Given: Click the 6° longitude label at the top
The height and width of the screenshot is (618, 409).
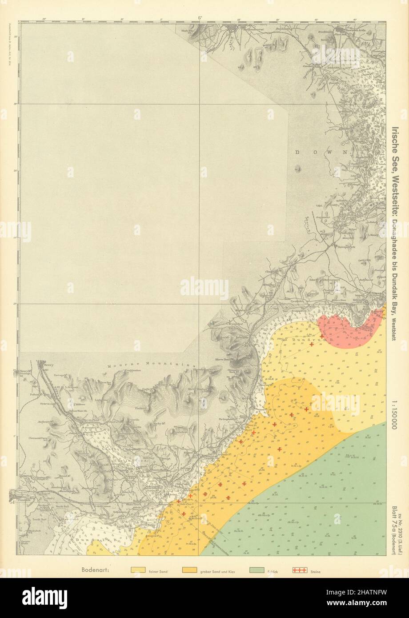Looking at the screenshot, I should click(x=200, y=18).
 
